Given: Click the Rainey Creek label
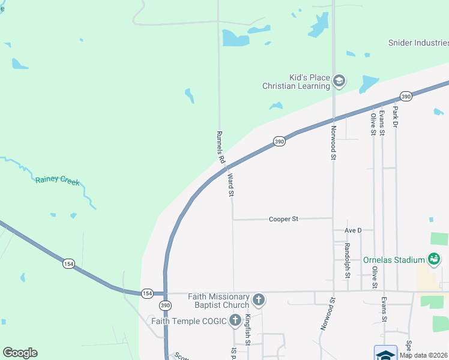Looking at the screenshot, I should [x=57, y=180].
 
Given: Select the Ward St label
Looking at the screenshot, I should [x=231, y=185].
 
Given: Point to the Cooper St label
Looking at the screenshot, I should [x=283, y=220].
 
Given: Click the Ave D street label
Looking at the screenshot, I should [x=353, y=230].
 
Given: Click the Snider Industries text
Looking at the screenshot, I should [x=418, y=43].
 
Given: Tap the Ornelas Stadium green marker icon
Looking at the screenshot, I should [x=433, y=260].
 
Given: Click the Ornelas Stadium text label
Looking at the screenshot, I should [x=394, y=260].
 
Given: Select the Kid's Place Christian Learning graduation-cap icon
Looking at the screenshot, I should [x=339, y=81].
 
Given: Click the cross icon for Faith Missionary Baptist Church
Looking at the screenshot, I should [x=258, y=299].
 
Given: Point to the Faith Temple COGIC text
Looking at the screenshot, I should [x=188, y=321].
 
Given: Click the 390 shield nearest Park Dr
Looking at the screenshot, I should [x=406, y=97].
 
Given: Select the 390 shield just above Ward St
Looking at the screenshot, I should [x=279, y=142].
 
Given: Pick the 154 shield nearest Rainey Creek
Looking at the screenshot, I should [x=68, y=264].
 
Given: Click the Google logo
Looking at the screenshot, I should [x=20, y=353].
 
